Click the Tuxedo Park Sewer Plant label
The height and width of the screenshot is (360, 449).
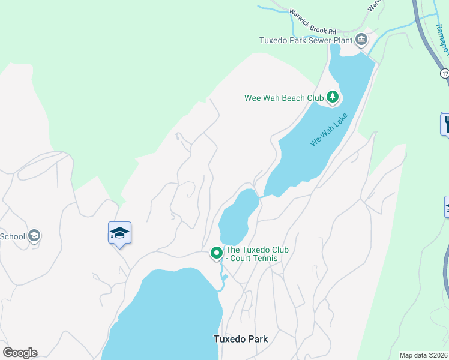coord(304,41)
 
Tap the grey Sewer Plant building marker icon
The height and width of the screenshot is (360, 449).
coord(361,40)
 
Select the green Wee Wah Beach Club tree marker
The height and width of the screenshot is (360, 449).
coord(332,97)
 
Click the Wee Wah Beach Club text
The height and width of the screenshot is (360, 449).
coord(283,98)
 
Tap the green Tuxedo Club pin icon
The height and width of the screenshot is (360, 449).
coord(216,254)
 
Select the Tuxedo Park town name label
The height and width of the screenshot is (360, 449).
coord(240,339)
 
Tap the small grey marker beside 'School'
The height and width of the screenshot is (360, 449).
coord(35,236)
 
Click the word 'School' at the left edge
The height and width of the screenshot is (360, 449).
coord(13,236)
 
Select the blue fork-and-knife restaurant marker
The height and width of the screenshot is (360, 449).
coord(447,124)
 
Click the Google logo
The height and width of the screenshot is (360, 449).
coord(20,353)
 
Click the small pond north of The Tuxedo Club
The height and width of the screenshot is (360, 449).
coord(238,216)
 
